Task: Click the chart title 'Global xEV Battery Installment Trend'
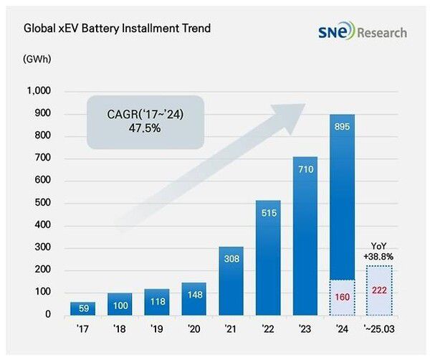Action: [x=118, y=29]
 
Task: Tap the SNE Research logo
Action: [x=362, y=32]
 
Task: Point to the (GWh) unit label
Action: [x=37, y=57]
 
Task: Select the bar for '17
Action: [x=83, y=308]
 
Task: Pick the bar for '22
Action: [x=267, y=257]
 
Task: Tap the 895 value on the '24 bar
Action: [x=342, y=127]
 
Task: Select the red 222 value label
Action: [x=379, y=290]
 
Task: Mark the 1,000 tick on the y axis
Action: [x=39, y=91]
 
